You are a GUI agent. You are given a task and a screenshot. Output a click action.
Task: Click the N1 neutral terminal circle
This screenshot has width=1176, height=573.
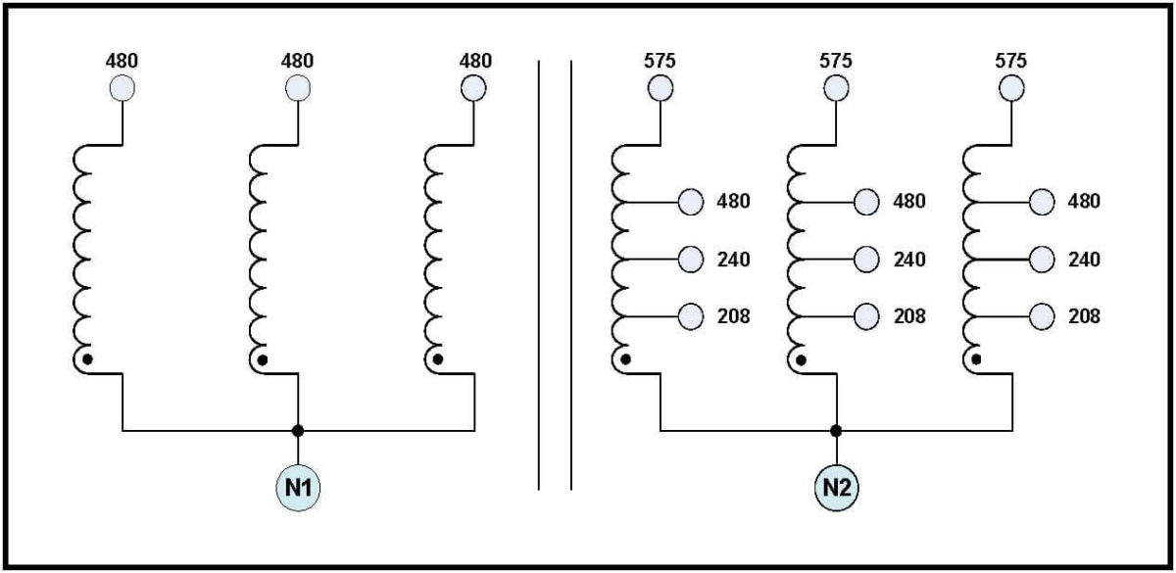298,488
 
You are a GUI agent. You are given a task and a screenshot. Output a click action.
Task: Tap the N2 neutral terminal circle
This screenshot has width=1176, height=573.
836,488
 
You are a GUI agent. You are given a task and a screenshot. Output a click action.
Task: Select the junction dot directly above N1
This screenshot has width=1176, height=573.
298,431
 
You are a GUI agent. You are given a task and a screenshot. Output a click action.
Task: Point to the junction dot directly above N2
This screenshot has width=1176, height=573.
836,431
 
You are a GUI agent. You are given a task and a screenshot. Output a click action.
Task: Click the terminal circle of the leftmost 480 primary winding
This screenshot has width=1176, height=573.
122,87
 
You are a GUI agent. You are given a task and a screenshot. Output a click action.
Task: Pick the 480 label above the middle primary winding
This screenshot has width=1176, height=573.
297,61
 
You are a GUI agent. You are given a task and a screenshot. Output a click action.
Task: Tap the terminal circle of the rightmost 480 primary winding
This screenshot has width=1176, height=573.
473,87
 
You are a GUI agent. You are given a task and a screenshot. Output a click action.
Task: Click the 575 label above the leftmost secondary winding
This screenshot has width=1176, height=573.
660,61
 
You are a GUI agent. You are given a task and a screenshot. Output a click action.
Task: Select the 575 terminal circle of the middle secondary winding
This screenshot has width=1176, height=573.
836,87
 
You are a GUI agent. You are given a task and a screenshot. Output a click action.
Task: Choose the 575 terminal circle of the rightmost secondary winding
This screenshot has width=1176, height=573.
1011,87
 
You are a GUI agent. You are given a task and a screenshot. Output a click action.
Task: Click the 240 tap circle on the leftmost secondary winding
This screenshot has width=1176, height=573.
691,260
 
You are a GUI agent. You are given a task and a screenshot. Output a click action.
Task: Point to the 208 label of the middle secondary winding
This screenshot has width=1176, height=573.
909,316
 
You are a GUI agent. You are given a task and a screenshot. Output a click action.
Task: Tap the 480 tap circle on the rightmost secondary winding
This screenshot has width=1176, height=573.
1042,202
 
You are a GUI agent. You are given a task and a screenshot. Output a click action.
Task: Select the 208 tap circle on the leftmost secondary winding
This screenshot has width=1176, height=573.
691,316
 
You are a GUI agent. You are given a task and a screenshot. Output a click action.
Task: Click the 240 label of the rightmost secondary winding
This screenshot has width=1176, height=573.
1084,260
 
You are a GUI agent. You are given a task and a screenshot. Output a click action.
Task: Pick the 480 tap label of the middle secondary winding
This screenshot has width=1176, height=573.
909,201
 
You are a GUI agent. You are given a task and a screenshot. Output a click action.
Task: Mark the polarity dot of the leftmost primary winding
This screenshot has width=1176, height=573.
87,359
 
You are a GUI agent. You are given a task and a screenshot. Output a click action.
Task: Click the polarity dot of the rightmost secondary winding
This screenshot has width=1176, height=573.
976,359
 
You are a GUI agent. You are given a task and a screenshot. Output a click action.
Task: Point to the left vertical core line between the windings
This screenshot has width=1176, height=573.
539,275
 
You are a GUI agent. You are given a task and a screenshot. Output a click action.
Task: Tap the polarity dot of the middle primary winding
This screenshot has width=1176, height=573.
263,360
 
